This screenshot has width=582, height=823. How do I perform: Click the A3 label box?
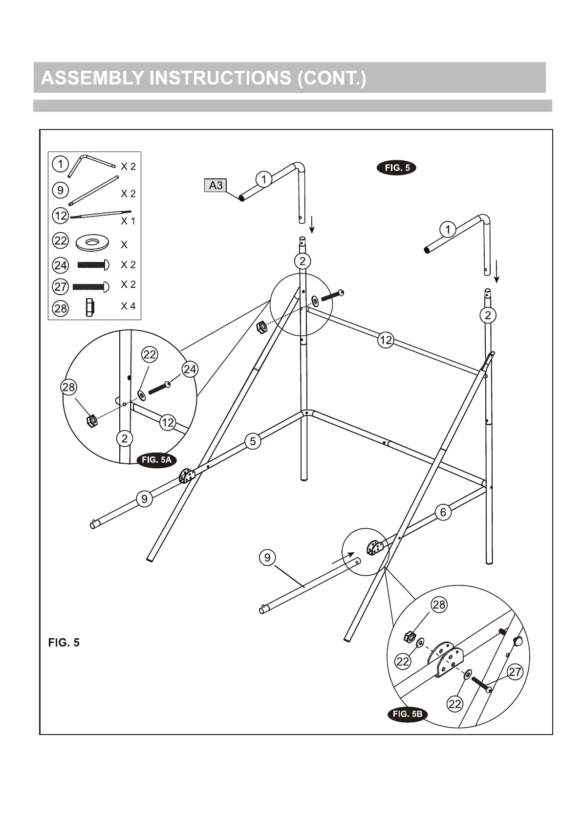click(x=216, y=185)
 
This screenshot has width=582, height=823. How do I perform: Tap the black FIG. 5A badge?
click(x=156, y=460)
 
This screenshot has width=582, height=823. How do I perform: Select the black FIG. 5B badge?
click(x=407, y=714)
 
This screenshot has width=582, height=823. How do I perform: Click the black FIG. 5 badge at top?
click(x=396, y=168)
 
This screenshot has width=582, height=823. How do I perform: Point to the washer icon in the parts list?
click(x=92, y=242)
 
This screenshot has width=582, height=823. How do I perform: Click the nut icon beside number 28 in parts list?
click(x=89, y=307)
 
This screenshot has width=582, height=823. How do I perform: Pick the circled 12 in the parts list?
click(x=61, y=215)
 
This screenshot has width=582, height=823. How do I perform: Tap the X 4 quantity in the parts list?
click(x=128, y=306)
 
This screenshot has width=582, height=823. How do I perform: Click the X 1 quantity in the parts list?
click(x=128, y=221)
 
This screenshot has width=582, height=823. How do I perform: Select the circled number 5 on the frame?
click(x=253, y=441)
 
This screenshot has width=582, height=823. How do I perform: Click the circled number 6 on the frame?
click(x=443, y=512)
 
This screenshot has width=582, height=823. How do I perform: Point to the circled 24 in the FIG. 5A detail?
click(x=190, y=369)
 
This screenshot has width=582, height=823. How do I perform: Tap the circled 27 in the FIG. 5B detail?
click(x=515, y=672)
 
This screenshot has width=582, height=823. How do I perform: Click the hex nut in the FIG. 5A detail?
click(x=91, y=420)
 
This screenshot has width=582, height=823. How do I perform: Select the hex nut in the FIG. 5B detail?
click(x=410, y=637)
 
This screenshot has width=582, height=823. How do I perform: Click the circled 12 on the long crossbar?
click(x=386, y=340)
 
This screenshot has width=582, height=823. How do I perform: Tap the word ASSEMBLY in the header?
click(x=92, y=78)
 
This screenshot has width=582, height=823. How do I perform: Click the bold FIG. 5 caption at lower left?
click(x=64, y=643)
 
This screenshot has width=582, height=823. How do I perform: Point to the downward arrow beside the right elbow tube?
click(x=496, y=271)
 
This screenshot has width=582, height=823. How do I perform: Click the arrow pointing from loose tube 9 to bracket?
click(x=344, y=559)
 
